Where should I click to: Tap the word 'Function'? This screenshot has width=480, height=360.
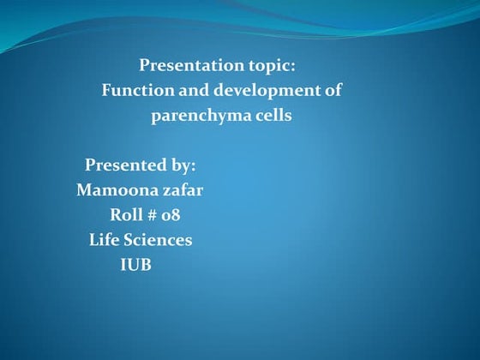point(135,90)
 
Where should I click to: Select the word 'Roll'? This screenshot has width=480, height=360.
point(125,214)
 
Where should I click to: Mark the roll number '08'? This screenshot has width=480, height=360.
point(171,214)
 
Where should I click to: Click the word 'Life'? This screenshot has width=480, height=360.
point(105,240)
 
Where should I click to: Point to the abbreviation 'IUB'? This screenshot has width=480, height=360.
point(135,265)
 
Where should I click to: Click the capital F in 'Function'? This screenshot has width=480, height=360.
point(107,90)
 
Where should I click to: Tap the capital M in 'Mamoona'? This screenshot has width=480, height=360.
point(84,189)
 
